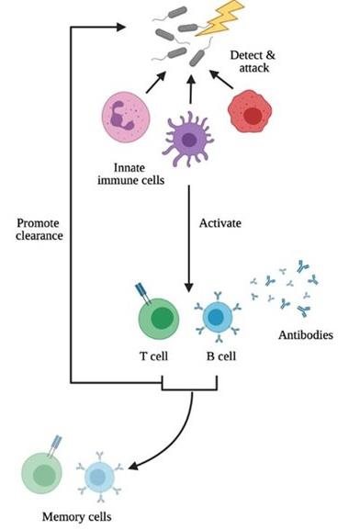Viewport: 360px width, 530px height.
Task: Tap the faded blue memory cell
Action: (97, 478)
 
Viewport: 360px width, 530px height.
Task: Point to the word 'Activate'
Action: (221, 223)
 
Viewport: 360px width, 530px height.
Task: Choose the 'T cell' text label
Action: (158, 356)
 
